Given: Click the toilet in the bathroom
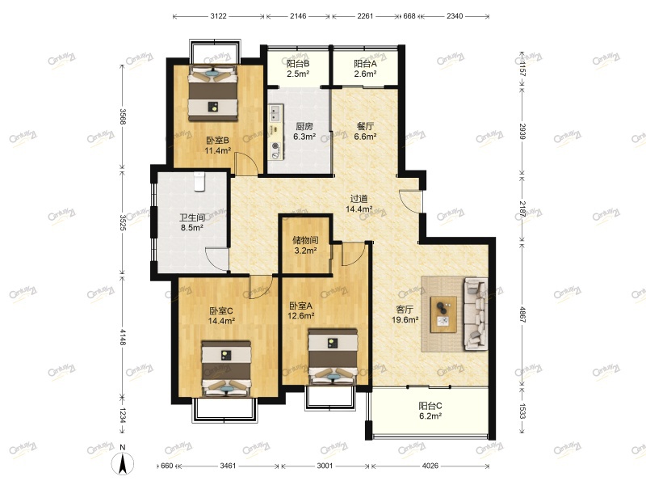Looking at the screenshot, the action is point(199,181).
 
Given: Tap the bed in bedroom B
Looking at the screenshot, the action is point(213,93).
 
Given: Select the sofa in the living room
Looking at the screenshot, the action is point(476,314).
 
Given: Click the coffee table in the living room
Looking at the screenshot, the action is point(443,314).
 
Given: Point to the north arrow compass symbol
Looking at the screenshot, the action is point(123,462).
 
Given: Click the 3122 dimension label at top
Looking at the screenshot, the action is point(218,16).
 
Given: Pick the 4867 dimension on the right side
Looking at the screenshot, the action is point(522,314).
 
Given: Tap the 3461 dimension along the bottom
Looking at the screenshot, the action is point(228,466).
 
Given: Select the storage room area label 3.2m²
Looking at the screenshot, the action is point(305,251).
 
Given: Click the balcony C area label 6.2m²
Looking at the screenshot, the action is point(430,416).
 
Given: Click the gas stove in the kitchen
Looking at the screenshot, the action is point(275,150).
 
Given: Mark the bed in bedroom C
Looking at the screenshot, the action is point(226,369).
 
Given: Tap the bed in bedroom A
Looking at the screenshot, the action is point(333,356).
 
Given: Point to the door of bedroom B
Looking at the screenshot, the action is point(246,163).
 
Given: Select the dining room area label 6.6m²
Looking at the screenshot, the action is point(365,137).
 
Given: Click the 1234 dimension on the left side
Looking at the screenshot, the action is point(123,415).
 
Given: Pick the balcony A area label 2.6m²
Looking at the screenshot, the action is point(365,74).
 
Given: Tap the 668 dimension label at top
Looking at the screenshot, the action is point(409,16).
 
